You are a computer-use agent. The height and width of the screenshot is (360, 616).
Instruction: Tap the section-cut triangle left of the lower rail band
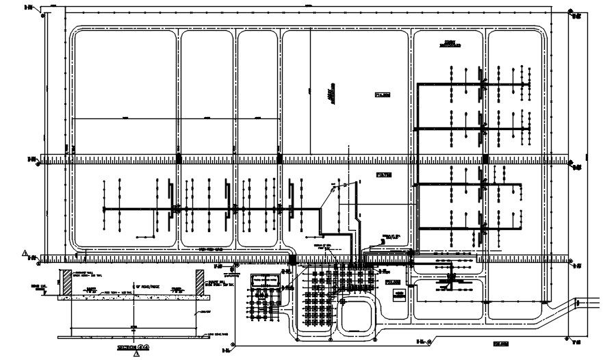coord(25,253)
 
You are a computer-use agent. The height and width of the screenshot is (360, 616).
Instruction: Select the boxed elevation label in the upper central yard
coord(382,96)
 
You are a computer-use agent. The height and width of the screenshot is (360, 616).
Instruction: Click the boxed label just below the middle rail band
coord(384,175)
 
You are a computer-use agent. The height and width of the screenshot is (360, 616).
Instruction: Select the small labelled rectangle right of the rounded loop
coord(398,294)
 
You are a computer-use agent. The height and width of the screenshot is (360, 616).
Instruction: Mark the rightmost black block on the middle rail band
coord(485,159)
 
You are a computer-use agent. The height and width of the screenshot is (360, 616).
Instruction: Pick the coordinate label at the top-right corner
coord(576,14)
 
